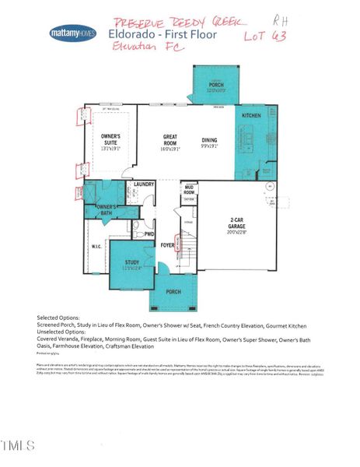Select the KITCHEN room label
pos(250,115)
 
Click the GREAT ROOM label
pos(170,141)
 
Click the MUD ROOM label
pos(188,189)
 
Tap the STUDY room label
pos(131,262)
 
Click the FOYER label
pos(167,245)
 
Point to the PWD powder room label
pos(149,233)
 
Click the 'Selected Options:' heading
pos(59,318)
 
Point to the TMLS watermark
pos(19,446)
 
